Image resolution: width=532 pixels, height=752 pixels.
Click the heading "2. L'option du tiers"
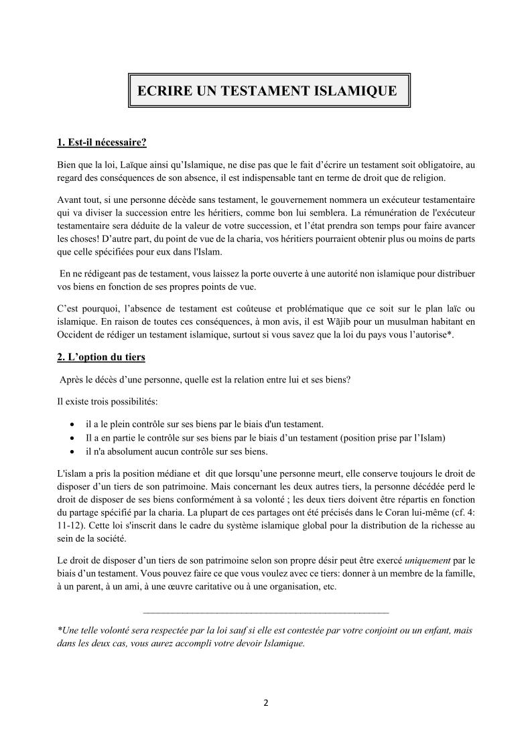(101, 357)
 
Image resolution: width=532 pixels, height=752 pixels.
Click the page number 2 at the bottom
(266, 703)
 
